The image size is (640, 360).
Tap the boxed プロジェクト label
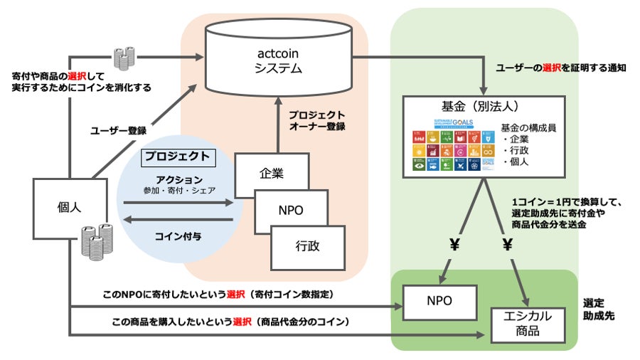tap(177, 157)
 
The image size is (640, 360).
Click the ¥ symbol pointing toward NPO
tap(453, 245)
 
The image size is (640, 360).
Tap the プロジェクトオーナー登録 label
tap(316, 120)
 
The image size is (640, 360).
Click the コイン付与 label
tap(177, 235)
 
